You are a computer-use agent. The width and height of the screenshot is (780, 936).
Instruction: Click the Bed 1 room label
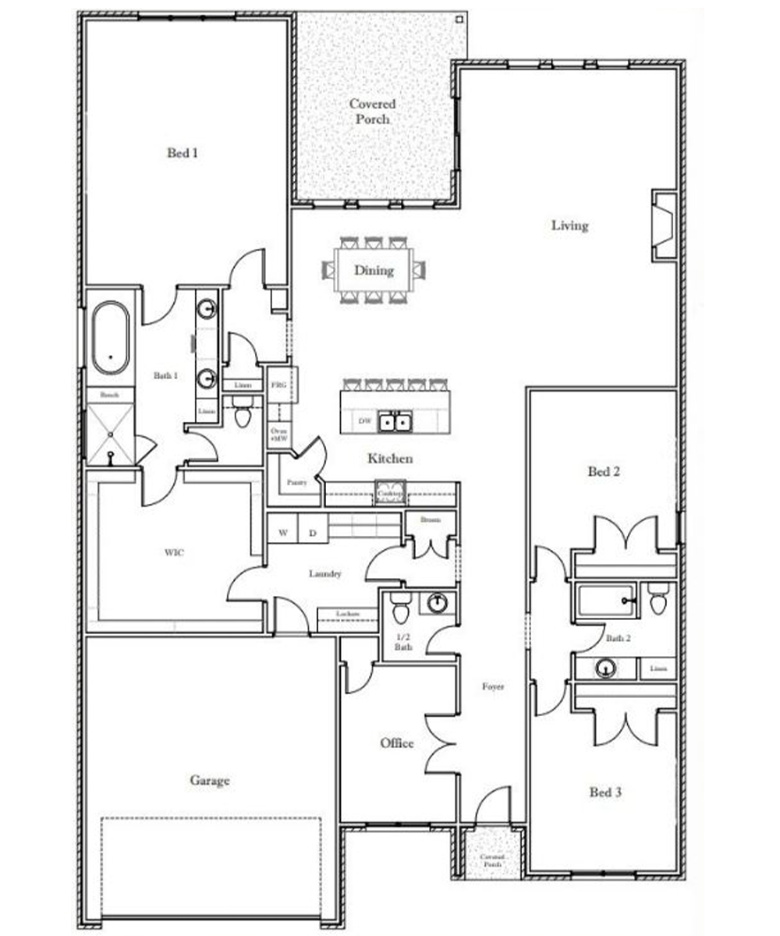tap(183, 153)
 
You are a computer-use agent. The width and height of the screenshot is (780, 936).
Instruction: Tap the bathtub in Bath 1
tap(111, 339)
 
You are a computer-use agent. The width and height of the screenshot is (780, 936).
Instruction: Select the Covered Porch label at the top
tap(372, 111)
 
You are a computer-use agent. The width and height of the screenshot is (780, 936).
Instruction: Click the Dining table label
tap(374, 271)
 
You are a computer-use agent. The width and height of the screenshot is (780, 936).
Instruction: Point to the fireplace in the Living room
tap(663, 226)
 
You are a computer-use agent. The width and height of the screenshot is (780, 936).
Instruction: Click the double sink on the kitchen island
tap(395, 422)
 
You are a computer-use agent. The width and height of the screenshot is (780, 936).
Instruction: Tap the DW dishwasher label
tap(363, 421)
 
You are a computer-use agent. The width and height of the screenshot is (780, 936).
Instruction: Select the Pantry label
tap(296, 483)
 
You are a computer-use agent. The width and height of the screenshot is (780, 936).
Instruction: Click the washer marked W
tap(283, 533)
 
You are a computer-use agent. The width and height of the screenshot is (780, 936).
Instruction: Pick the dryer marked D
tap(313, 533)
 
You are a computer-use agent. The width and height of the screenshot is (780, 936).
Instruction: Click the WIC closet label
tap(173, 552)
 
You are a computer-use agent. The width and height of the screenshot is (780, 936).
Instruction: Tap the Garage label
tap(210, 779)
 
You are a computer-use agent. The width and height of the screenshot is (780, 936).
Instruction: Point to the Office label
tap(396, 743)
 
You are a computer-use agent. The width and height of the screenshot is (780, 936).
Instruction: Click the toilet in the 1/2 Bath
tap(401, 608)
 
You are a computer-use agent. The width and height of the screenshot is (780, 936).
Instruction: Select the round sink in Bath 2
tap(605, 668)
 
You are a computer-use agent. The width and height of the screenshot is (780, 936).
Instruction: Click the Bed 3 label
tap(604, 792)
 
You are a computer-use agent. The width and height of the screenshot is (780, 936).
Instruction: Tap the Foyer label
tap(492, 686)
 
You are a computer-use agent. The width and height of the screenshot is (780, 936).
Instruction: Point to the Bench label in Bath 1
tap(109, 395)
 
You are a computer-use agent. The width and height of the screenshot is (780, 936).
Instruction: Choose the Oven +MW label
tap(278, 434)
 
